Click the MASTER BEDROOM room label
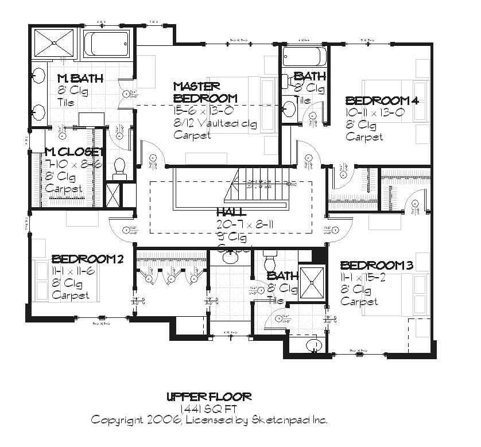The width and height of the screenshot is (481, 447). [x=197, y=92]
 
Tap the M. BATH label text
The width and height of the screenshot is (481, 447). [x=80, y=78]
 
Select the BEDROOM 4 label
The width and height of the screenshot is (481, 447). [x=382, y=100]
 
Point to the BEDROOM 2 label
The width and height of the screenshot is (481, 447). [x=87, y=259]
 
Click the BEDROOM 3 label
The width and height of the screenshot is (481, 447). [x=377, y=265]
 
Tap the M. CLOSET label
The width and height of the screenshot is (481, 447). [x=74, y=152]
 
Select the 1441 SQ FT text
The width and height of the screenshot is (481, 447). [x=208, y=408]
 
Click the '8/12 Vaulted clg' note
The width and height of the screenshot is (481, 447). [x=215, y=123]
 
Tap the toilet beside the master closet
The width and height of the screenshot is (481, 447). [x=120, y=166]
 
